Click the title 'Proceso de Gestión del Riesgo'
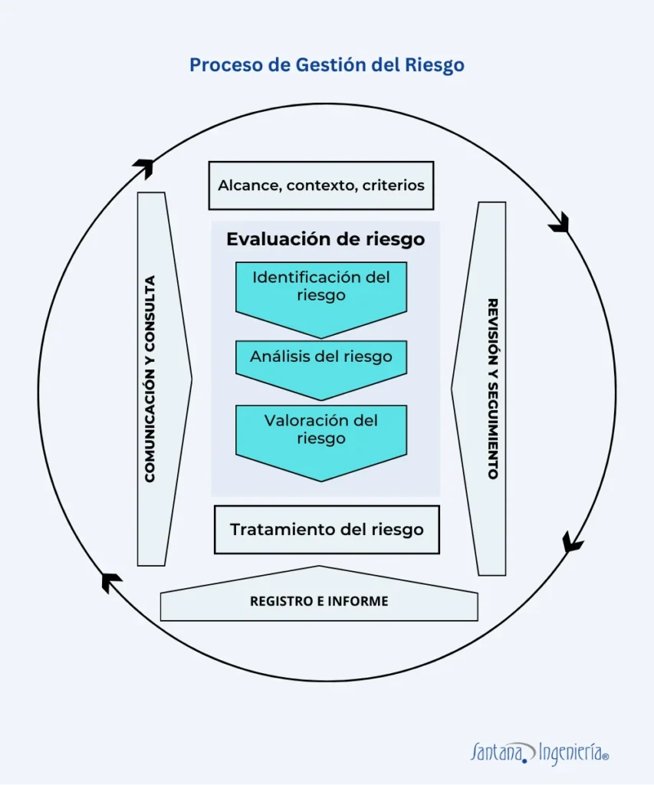[327, 65]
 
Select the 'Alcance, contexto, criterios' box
[321, 186]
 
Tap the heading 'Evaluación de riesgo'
[325, 239]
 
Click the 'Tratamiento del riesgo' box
[327, 530]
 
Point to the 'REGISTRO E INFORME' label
[319, 602]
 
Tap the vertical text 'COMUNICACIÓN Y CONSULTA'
[150, 379]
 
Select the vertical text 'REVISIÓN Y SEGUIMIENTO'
[492, 388]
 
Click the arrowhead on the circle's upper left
[143, 166]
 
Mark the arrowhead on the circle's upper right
[559, 222]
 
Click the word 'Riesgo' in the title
[436, 65]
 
